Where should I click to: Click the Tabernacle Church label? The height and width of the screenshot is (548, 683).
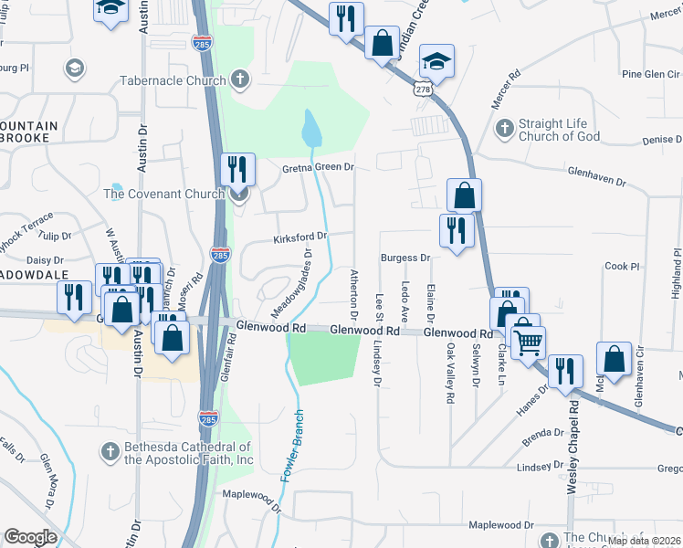pyautogui.click(x=173, y=80)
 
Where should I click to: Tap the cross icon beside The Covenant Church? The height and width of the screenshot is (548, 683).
pyautogui.click(x=239, y=193)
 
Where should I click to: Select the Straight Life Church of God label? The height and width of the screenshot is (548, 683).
pyautogui.click(x=572, y=130)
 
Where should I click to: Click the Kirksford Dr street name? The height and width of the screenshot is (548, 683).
pyautogui.click(x=299, y=238)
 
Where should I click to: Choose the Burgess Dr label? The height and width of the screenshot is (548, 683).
pyautogui.click(x=405, y=258)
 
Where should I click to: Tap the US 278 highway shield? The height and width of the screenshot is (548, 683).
pyautogui.click(x=421, y=87)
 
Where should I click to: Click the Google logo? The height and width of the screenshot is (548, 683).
pyautogui.click(x=30, y=537)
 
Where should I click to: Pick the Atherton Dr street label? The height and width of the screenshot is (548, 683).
pyautogui.click(x=353, y=288)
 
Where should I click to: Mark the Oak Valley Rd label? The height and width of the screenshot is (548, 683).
pyautogui.click(x=450, y=374)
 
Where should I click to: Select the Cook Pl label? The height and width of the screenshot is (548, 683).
pyautogui.click(x=622, y=266)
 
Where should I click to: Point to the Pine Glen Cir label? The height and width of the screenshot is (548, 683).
pyautogui.click(x=625, y=73)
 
